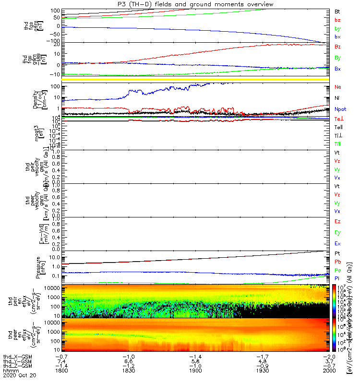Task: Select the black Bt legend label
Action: point(337,11)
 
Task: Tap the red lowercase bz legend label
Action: point(337,20)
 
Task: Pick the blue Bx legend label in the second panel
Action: point(337,69)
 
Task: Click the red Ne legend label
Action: point(337,87)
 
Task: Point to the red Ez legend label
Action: point(337,221)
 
